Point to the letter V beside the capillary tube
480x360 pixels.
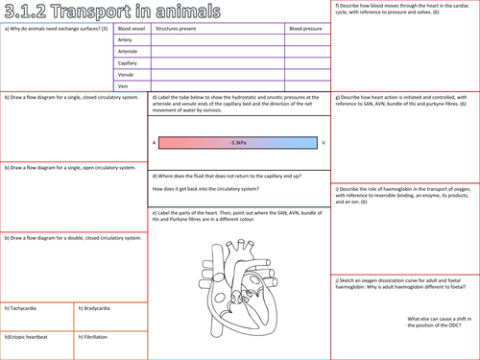(x=324, y=142)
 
